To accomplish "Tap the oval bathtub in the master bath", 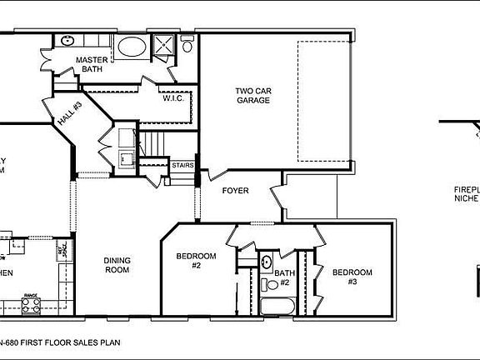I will (x=132, y=47).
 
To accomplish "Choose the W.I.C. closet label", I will (x=173, y=98).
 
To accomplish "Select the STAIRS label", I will (x=182, y=166).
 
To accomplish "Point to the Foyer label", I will (x=236, y=191).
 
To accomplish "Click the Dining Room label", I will (x=117, y=265).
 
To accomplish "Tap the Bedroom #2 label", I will (x=196, y=261).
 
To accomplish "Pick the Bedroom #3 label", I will (x=352, y=277).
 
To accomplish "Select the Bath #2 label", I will (x=284, y=277).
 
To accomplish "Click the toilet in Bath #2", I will (x=268, y=285).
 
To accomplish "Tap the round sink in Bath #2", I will (x=267, y=262).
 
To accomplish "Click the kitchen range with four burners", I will (x=31, y=306).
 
